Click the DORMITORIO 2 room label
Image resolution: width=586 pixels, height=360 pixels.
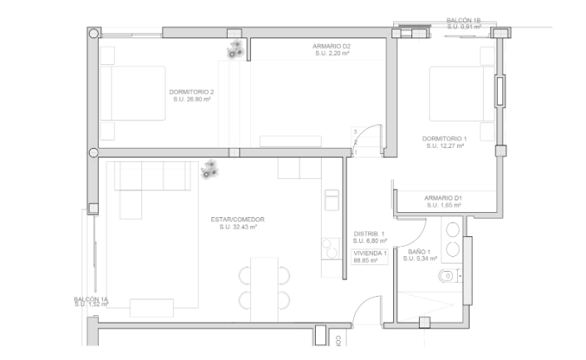point(191,91)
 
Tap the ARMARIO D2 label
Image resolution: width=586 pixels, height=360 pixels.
point(332,47)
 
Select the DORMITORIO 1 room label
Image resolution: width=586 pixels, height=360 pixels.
point(445,138)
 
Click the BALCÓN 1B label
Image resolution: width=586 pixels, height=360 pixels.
point(464,19)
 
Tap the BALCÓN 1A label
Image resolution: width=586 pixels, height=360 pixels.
point(91,298)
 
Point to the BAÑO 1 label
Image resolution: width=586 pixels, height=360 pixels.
point(420,251)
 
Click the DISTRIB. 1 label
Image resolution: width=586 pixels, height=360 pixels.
point(370,234)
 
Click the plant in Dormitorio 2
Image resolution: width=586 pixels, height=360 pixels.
point(235,50)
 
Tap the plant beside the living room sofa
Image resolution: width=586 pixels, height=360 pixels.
point(210,170)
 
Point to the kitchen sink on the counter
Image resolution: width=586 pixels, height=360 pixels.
point(331,200)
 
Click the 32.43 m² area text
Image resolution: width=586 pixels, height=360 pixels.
point(238,227)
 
